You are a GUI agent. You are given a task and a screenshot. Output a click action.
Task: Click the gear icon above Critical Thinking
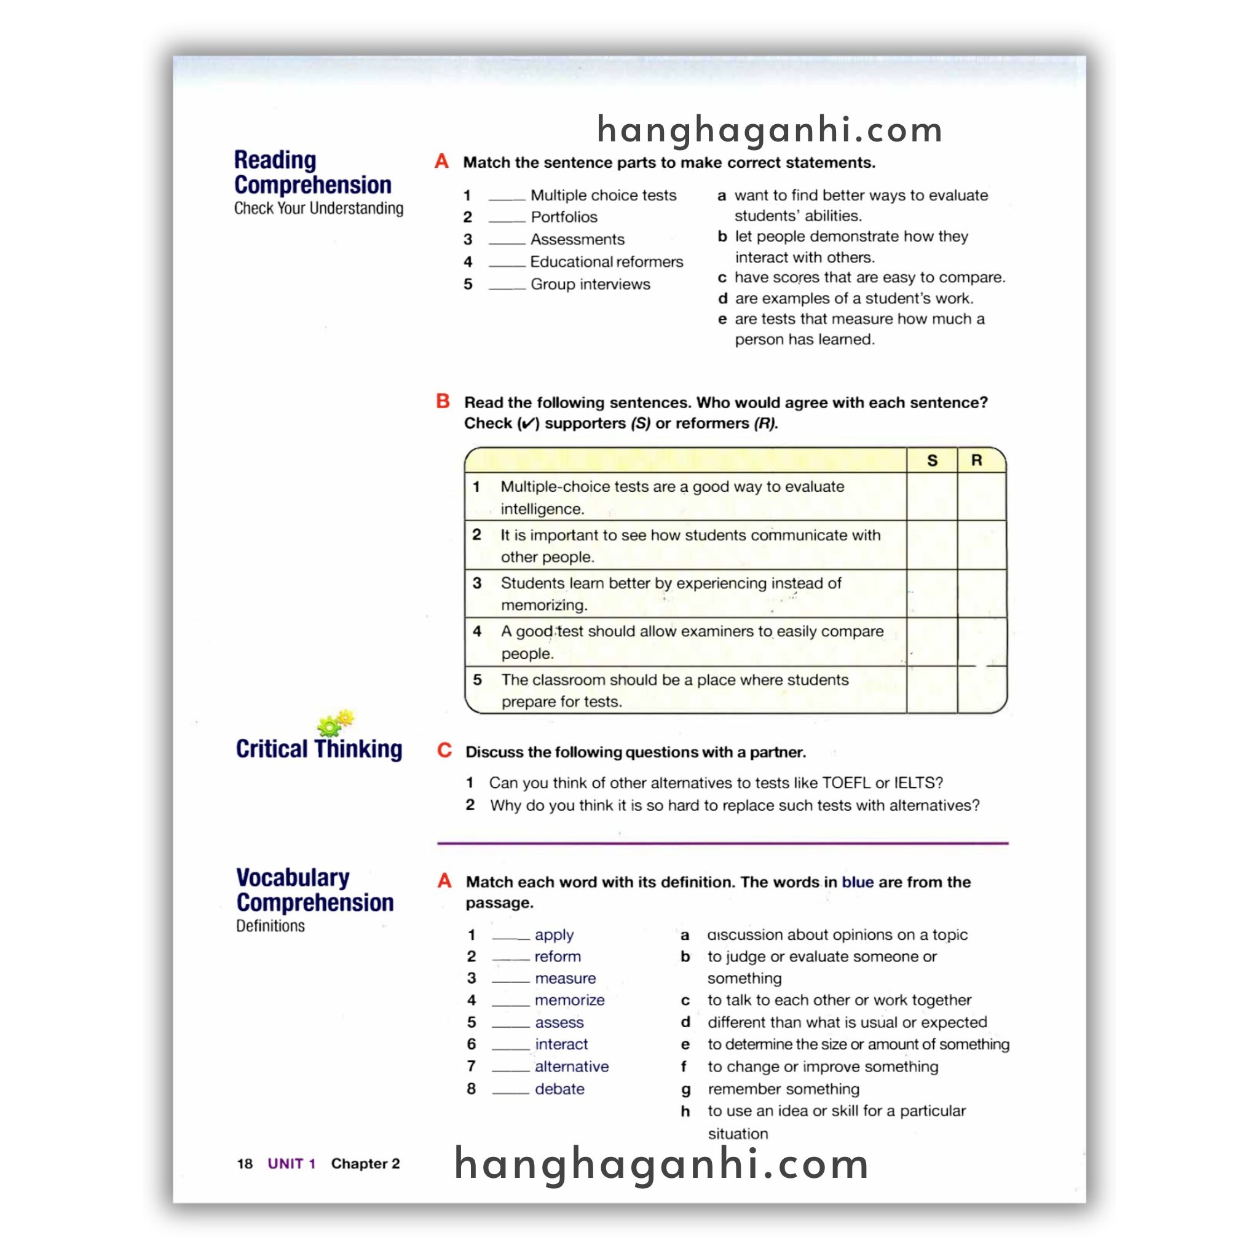[x=335, y=723]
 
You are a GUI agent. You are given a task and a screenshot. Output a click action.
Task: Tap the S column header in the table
[x=932, y=460]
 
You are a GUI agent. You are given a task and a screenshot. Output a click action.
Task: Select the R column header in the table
[x=976, y=460]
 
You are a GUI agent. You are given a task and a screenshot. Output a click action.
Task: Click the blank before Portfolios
[x=507, y=218]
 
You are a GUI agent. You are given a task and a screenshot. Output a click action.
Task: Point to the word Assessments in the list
[x=577, y=240]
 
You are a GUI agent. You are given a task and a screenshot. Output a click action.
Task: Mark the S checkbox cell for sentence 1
[x=932, y=497]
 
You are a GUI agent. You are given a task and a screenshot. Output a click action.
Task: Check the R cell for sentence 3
[x=982, y=594]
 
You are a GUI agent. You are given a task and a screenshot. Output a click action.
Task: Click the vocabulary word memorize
[x=569, y=1000]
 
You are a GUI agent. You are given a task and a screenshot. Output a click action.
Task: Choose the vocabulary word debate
[x=559, y=1089]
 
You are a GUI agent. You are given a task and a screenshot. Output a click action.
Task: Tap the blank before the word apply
[x=510, y=936]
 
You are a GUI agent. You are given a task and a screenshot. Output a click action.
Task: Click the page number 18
[x=245, y=1164]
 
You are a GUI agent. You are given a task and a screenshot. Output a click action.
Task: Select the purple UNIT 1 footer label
[x=291, y=1164]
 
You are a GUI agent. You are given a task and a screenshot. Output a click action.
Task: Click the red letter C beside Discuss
[x=444, y=750]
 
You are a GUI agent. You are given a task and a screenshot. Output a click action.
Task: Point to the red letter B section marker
[x=443, y=401]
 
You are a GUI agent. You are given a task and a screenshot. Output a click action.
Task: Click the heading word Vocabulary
[x=293, y=878]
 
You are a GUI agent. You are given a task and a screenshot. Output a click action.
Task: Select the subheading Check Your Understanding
[x=318, y=208]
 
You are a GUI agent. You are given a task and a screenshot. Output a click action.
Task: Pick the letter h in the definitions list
[x=685, y=1111]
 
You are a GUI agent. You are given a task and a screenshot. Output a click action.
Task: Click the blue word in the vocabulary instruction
[x=857, y=882]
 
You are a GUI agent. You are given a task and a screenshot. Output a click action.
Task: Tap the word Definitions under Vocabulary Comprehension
[x=270, y=926]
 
